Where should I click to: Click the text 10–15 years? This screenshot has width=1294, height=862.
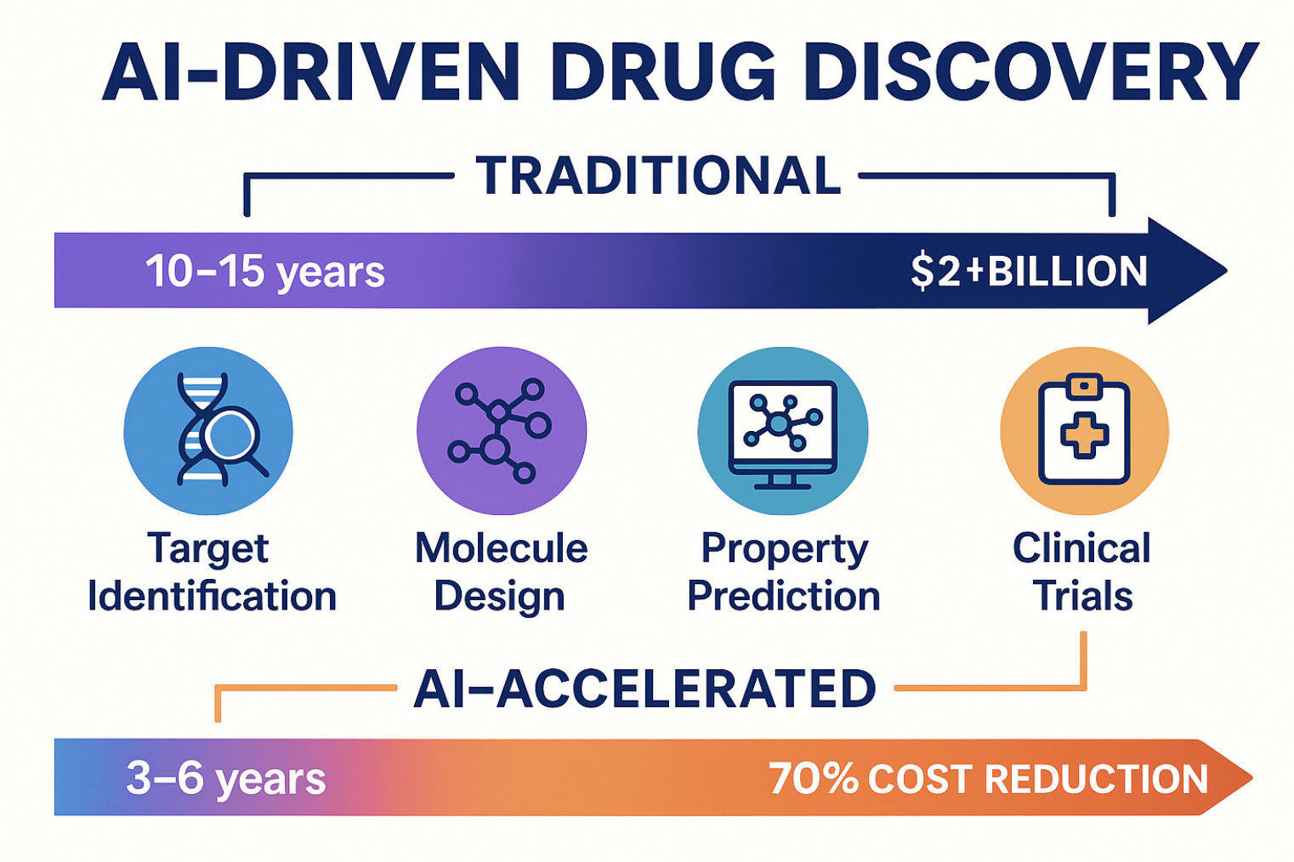[x=265, y=271]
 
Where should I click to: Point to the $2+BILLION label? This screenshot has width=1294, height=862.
[x=1029, y=271]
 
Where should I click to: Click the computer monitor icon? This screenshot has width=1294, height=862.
[x=783, y=434]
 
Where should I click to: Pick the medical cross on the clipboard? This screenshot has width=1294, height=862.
[x=1084, y=435]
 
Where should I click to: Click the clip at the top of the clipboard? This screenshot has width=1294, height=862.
[x=1084, y=386]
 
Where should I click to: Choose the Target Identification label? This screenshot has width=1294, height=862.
[x=212, y=573]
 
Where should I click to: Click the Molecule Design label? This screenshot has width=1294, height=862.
[x=501, y=573]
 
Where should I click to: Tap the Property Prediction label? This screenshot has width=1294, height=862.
[x=784, y=573]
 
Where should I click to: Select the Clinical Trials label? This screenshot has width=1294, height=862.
[x=1082, y=571]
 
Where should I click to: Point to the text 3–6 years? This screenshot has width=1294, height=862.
[x=226, y=778]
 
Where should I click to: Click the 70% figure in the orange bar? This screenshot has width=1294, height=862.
[x=814, y=778]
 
